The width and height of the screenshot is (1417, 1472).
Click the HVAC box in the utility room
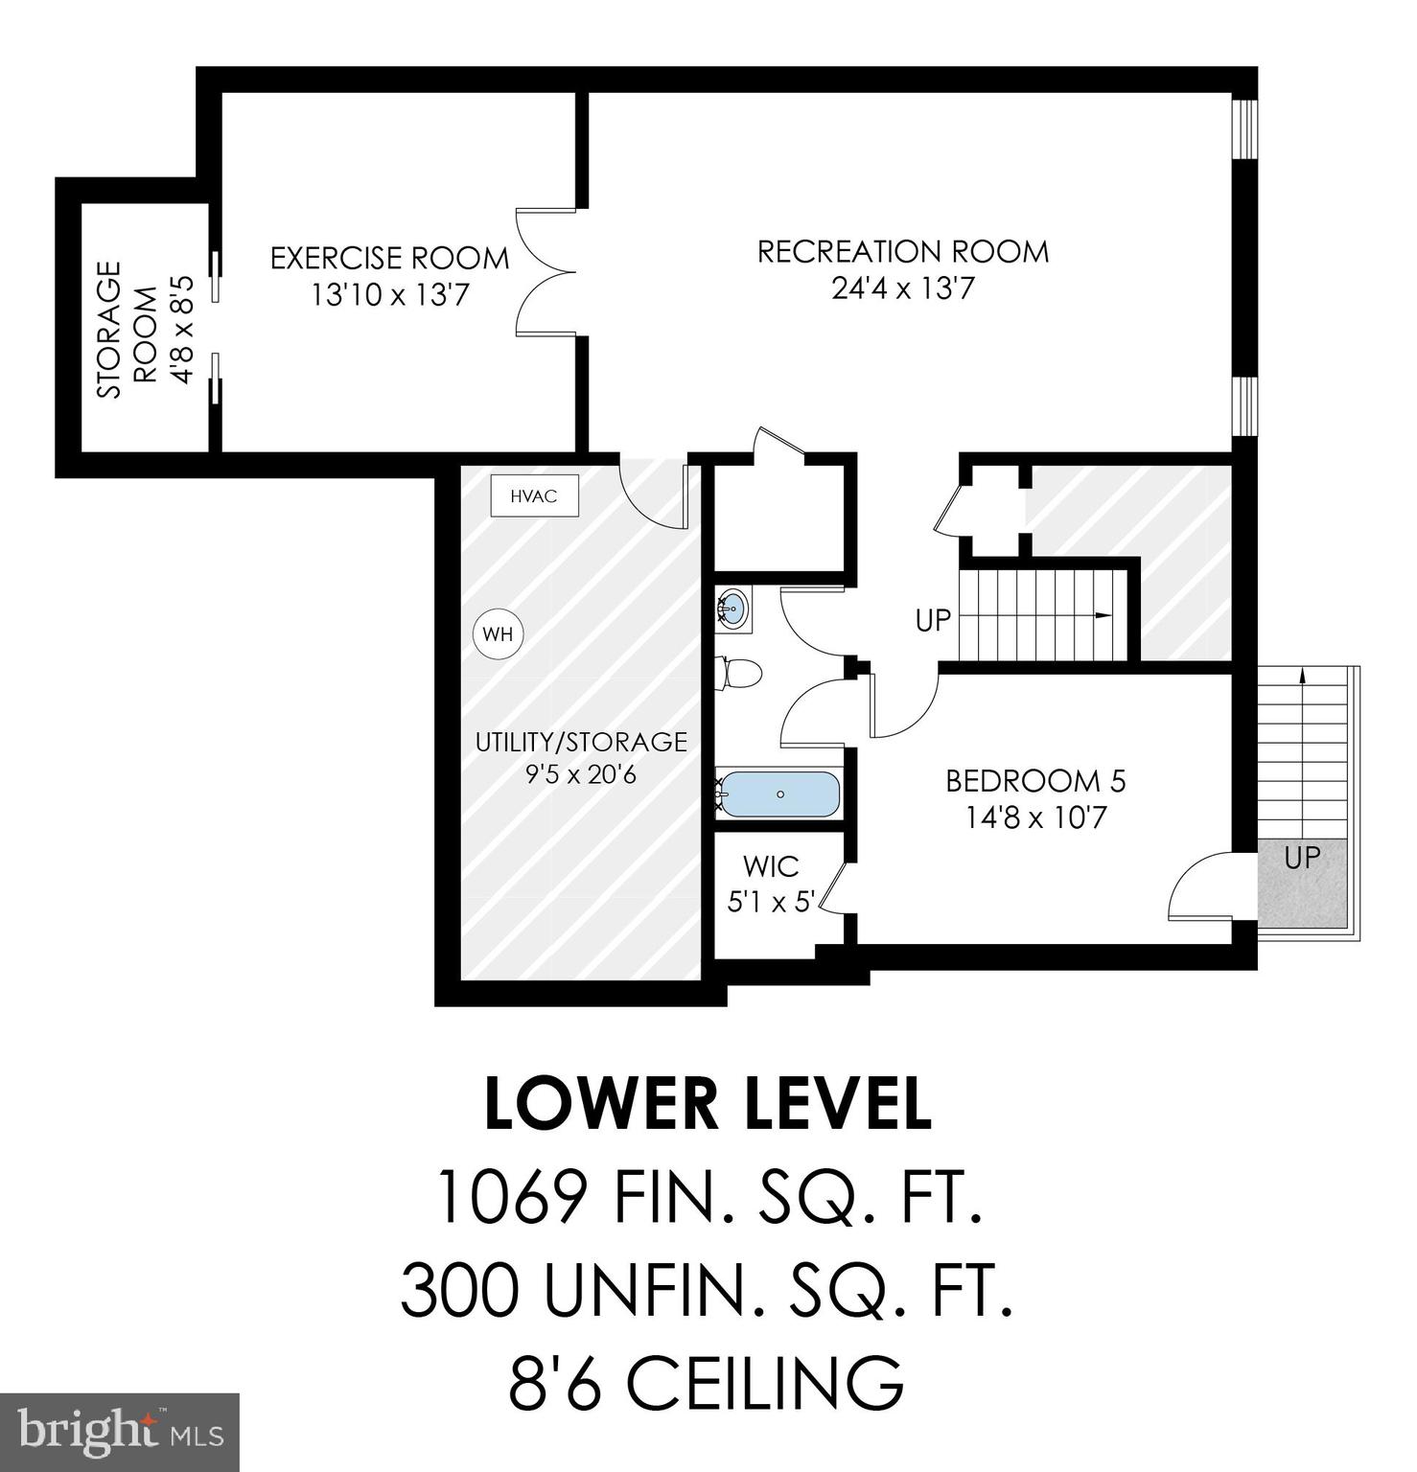coord(534,496)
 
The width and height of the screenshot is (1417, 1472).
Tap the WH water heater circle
coord(498,634)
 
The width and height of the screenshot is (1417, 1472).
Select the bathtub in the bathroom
coord(779,794)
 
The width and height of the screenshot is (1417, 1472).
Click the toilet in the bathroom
coord(739,673)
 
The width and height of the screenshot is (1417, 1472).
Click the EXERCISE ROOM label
coord(389,259)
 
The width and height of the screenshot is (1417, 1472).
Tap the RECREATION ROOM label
coord(903,252)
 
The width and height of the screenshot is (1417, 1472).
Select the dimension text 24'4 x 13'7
coord(903,288)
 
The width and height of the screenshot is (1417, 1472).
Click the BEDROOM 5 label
coord(1035,781)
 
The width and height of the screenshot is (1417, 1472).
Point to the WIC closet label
coord(771,867)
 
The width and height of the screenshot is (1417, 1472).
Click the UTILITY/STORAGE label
coord(581,743)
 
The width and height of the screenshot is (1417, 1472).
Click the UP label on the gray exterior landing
coord(1301,858)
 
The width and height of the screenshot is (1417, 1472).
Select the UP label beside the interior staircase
coord(932,621)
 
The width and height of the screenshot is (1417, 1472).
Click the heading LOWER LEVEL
coord(708,1104)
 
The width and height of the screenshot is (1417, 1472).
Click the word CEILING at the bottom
coord(765,1383)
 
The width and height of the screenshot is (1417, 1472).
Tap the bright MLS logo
coord(119,1433)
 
